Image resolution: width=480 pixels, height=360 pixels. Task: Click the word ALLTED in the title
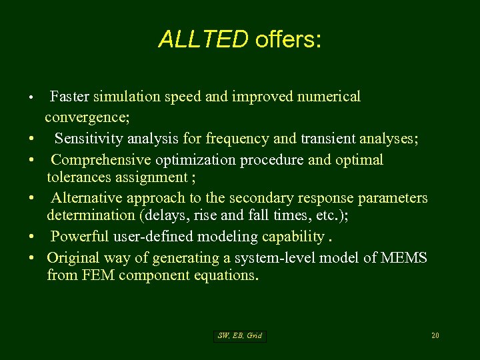(x=203, y=40)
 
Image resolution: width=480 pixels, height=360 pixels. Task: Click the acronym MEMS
(x=404, y=258)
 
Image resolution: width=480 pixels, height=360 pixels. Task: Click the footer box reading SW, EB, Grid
(x=240, y=336)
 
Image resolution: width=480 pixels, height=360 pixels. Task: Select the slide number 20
(x=435, y=335)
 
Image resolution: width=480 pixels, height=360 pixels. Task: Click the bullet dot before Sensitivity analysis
(x=32, y=139)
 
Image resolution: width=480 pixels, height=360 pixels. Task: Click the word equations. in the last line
(x=224, y=275)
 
